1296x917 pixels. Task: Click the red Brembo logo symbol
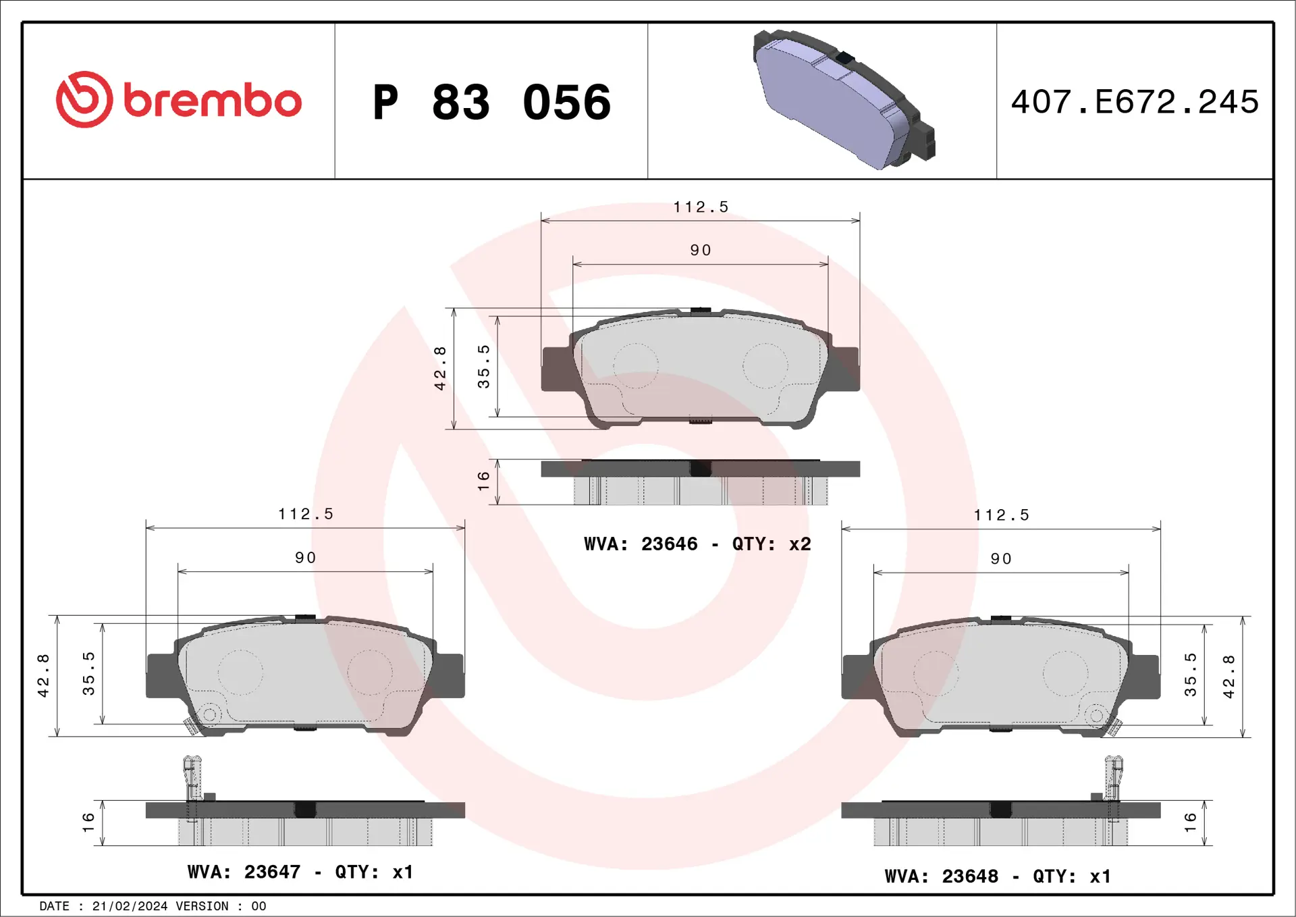84,100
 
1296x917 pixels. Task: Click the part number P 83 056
491,103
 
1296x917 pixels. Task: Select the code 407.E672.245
1135,102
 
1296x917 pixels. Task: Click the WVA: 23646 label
641,544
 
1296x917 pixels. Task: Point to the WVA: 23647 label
244,872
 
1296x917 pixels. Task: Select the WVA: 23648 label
941,876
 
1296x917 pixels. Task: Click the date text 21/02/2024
130,906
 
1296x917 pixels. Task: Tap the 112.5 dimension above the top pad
701,207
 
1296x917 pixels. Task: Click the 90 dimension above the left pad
305,558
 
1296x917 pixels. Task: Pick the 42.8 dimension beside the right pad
1228,677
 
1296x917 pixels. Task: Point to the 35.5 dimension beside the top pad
483,367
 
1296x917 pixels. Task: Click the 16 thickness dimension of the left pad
88,822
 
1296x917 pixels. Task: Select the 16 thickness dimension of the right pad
1190,822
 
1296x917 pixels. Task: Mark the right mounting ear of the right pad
1145,677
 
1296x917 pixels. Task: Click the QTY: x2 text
771,544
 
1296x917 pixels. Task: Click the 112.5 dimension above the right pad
1001,515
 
